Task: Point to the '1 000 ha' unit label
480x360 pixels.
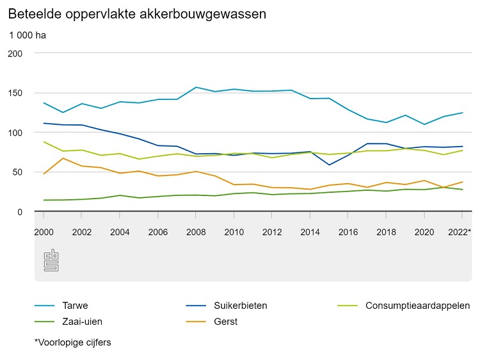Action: click(x=28, y=35)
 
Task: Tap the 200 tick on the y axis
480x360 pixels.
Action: click(x=15, y=53)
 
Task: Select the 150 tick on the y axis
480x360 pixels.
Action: click(x=15, y=93)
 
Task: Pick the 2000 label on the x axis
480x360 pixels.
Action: click(x=44, y=231)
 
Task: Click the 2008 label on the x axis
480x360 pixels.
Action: click(x=196, y=231)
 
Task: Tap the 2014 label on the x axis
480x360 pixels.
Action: click(x=310, y=231)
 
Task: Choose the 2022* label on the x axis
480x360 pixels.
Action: click(x=461, y=231)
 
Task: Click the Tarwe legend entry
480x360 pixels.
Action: click(x=76, y=306)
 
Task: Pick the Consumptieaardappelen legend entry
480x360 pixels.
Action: click(x=418, y=306)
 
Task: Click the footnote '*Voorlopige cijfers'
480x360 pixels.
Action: click(x=73, y=343)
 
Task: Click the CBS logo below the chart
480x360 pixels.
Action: click(x=51, y=260)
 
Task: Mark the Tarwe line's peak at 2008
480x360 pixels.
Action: click(x=196, y=87)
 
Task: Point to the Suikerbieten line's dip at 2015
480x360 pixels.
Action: click(x=330, y=165)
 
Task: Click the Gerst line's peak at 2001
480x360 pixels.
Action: click(x=63, y=158)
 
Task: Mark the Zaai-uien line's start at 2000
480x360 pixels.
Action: click(x=44, y=200)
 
